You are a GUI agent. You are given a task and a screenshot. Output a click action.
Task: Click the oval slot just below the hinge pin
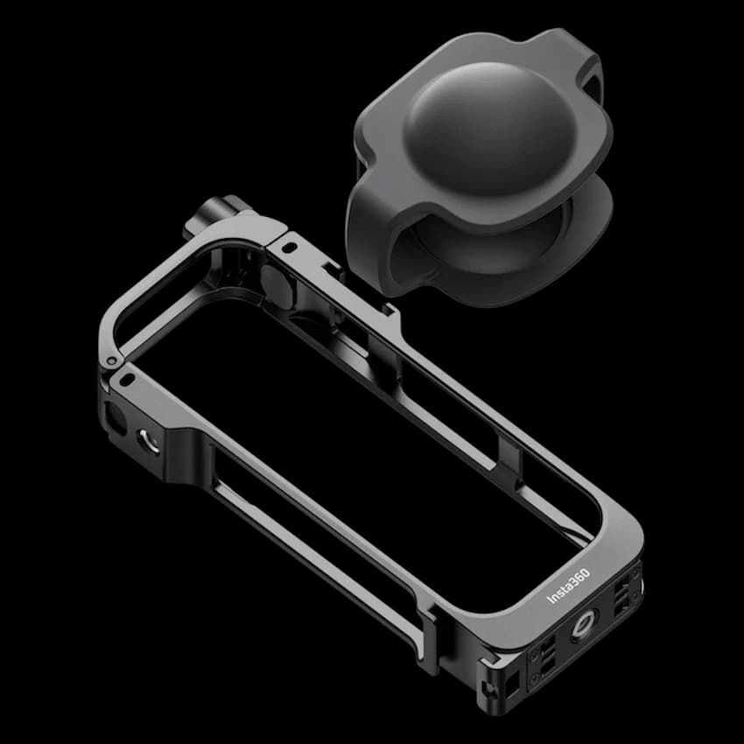click(x=128, y=380)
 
